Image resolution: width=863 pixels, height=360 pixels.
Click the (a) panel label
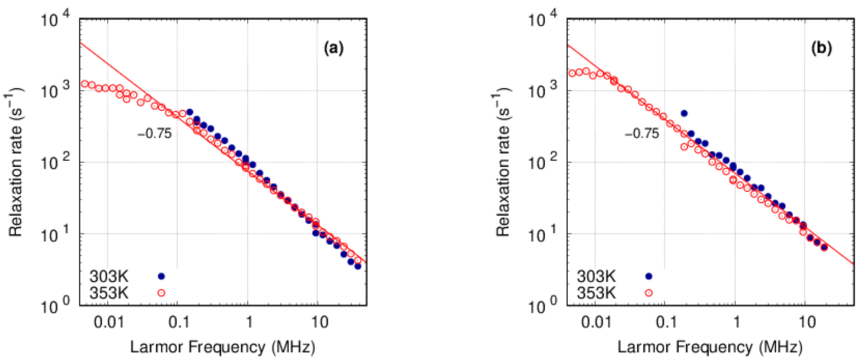point(333,49)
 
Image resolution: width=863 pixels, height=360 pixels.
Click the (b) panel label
point(821,49)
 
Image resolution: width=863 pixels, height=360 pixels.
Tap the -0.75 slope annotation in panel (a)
point(155,134)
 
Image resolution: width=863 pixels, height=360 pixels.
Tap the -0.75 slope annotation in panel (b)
point(642,134)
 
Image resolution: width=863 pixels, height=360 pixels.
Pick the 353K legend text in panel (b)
point(596,293)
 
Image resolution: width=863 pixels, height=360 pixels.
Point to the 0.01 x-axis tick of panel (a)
point(109,322)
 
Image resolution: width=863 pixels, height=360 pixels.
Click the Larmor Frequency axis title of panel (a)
point(223,347)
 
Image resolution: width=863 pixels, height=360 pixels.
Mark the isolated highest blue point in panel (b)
point(684,113)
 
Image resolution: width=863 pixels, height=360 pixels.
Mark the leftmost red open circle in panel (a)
point(85,83)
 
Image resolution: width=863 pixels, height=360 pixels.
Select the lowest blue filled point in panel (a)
point(358,266)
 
